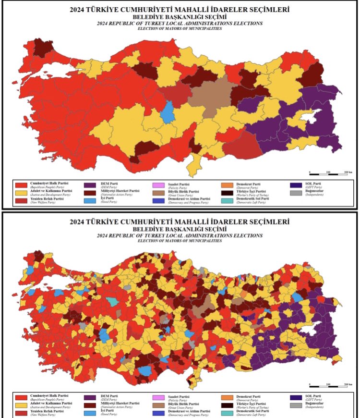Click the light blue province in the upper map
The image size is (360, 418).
click(168, 113)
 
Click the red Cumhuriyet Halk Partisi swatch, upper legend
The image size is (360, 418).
click(21, 184)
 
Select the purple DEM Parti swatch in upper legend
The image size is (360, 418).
click(89, 184)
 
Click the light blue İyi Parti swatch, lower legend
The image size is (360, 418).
click(89, 413)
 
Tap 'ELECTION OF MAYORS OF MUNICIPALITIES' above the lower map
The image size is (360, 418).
click(180, 241)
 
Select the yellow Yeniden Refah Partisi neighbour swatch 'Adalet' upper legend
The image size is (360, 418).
click(21, 192)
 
